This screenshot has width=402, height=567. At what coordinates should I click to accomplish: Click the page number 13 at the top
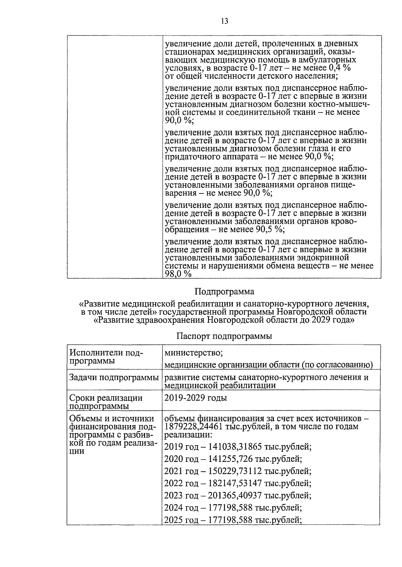pos(224,21)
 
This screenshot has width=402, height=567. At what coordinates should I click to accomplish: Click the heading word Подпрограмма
pos(224,292)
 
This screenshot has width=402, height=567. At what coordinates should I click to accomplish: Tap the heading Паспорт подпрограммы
pos(224,336)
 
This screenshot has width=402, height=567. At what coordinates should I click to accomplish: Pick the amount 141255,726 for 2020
pos(230,459)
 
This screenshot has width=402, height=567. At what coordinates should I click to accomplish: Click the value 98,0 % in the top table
pos(178,274)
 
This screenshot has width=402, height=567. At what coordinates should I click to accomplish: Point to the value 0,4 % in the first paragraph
pos(338,68)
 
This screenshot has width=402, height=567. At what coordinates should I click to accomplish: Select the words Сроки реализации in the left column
pos(106,398)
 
